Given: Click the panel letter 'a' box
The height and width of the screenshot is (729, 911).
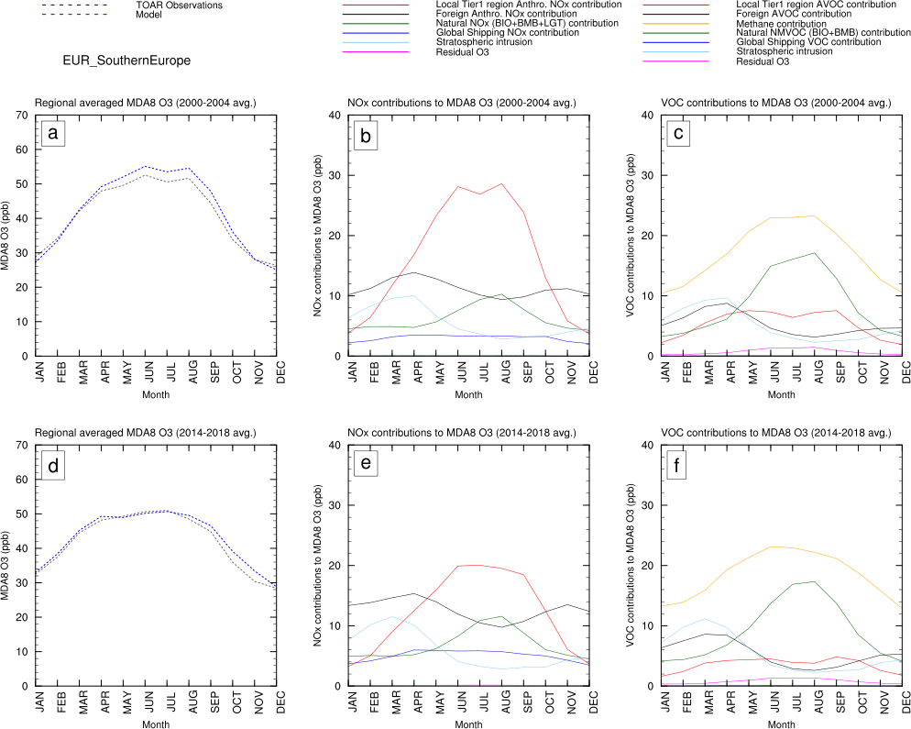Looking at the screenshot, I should (x=54, y=135).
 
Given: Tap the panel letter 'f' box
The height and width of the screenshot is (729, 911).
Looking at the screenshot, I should (x=677, y=465).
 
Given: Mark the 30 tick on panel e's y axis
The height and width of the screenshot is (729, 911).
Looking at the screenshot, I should (x=335, y=505).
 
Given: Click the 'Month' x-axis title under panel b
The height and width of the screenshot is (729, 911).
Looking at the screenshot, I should (x=470, y=395).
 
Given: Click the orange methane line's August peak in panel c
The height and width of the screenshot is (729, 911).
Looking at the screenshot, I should (x=815, y=215).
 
